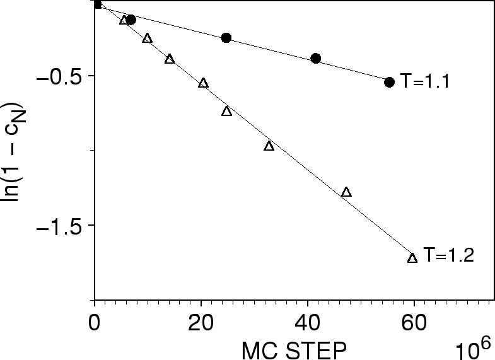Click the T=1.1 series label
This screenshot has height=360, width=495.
(424, 82)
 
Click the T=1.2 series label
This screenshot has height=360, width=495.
(448, 255)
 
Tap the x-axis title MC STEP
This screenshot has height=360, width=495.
(293, 349)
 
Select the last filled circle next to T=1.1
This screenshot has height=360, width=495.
(389, 82)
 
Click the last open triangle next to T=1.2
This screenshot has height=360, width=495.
(412, 258)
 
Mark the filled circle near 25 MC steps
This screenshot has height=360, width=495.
(226, 38)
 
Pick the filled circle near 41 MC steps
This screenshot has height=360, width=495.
(316, 59)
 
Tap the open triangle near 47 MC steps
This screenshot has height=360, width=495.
(346, 192)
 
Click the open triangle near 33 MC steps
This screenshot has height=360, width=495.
(269, 146)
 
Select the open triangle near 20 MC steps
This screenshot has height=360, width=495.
(203, 83)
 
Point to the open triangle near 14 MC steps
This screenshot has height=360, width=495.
(170, 59)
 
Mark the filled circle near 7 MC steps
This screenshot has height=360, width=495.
(131, 20)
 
